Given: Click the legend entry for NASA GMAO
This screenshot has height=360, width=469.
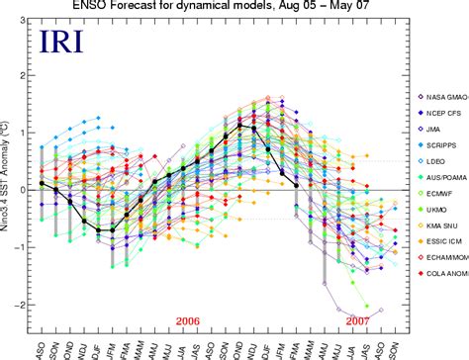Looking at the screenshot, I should (439, 96).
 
